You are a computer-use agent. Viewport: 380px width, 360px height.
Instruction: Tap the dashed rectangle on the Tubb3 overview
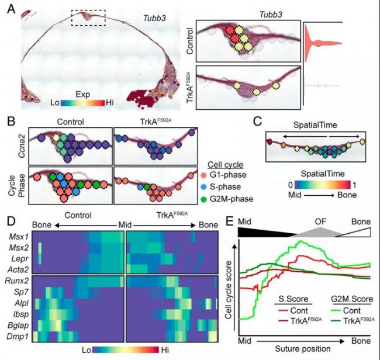88,18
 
